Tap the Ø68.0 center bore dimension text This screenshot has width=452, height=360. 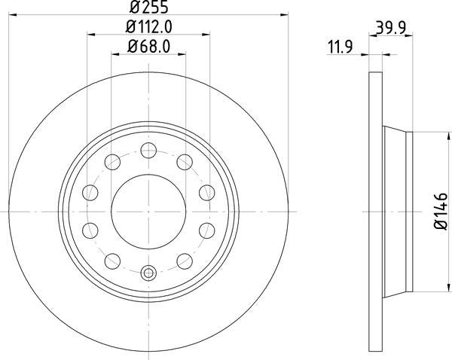[148, 47]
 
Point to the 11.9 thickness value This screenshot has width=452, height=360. [341, 47]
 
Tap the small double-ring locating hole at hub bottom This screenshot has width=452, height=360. [148, 273]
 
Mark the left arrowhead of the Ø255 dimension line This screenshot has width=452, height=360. [12, 13]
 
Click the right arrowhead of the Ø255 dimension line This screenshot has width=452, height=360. [285, 13]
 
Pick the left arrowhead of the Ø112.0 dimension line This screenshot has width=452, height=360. [91, 33]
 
